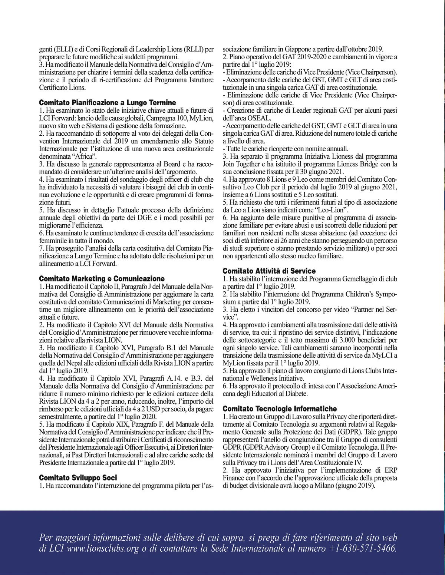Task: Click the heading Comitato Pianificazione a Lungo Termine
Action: (x=108, y=103)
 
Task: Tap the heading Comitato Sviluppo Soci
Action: (x=78, y=478)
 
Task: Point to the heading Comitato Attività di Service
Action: (x=269, y=271)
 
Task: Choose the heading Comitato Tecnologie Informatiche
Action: (x=280, y=409)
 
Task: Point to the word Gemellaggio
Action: (x=345, y=278)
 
